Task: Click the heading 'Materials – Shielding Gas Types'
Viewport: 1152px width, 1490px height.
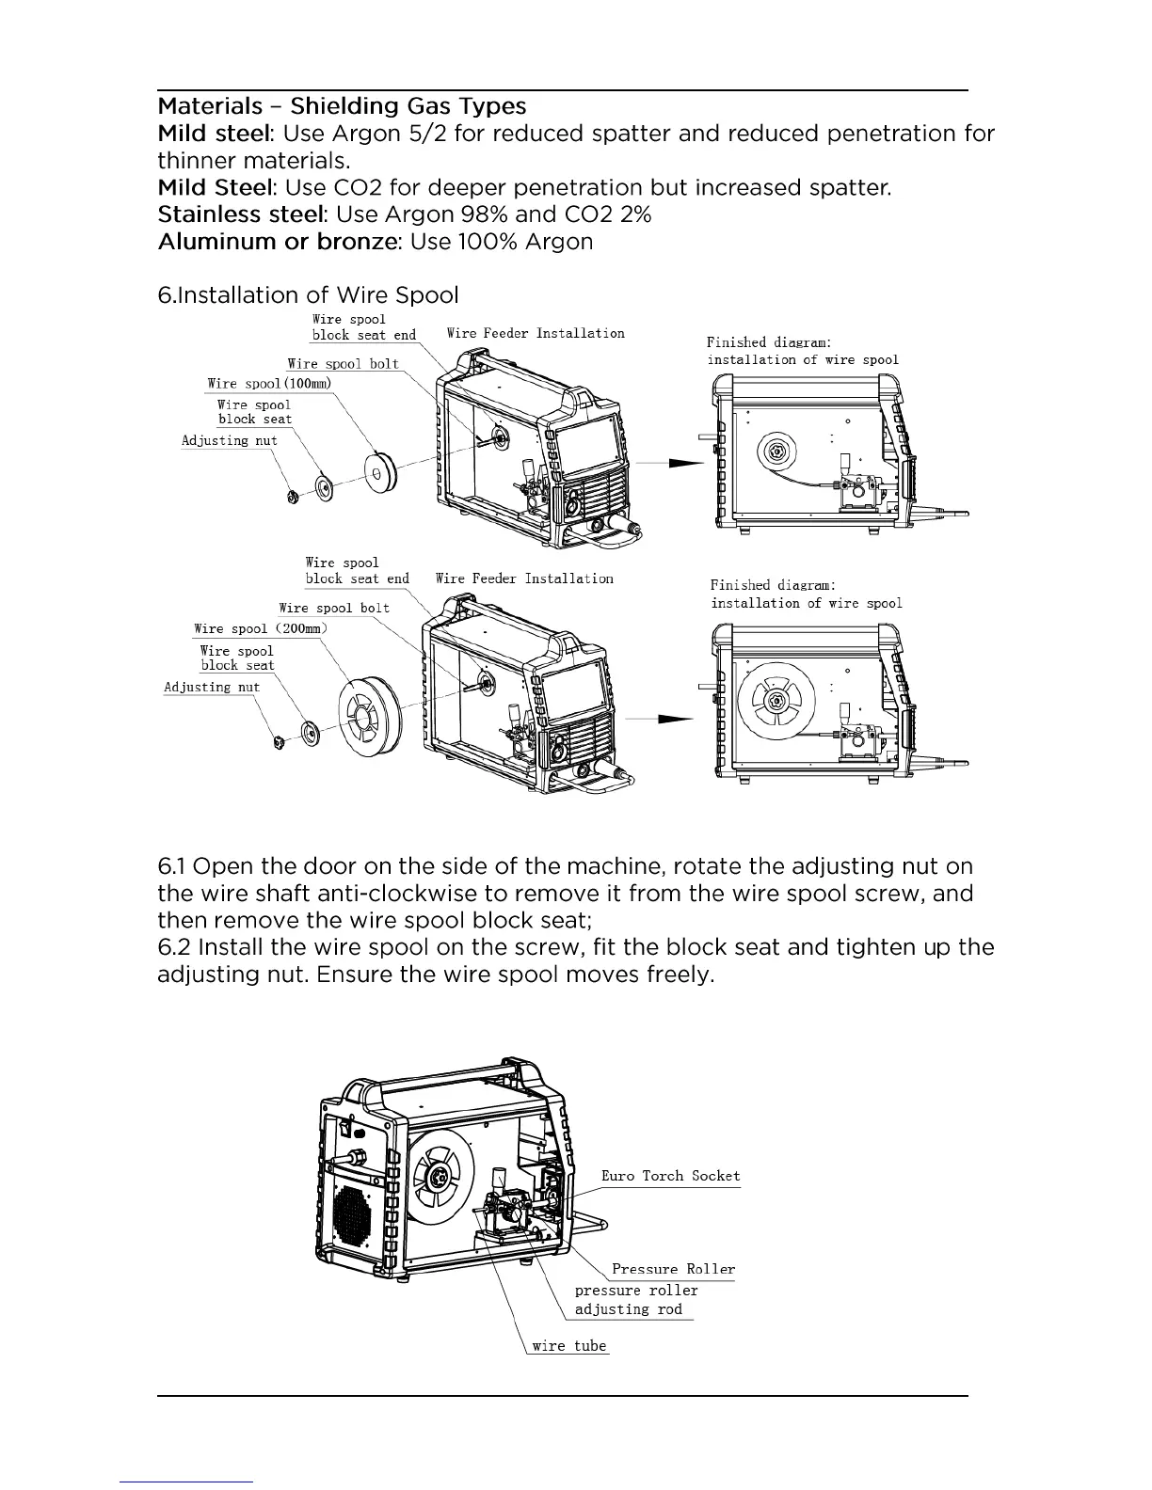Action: pos(342,106)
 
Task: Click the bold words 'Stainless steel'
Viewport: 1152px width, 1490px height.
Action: pos(240,214)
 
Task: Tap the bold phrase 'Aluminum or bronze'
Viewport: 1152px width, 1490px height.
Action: pos(278,242)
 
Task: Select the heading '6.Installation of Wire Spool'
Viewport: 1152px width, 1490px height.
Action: pos(308,295)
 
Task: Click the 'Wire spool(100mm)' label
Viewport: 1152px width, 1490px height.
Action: pos(269,384)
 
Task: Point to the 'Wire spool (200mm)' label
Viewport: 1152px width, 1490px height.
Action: pos(261,628)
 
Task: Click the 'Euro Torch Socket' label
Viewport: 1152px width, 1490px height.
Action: pos(670,1176)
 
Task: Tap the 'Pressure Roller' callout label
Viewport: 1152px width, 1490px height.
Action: pos(673,1269)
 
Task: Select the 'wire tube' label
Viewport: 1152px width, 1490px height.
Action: pos(568,1345)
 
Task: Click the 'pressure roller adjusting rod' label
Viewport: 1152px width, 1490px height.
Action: pos(635,1300)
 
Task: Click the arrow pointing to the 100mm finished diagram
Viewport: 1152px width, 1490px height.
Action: pos(669,463)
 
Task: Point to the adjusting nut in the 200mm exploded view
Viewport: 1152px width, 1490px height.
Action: pos(279,743)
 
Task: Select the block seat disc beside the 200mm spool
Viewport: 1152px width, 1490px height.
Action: pos(309,733)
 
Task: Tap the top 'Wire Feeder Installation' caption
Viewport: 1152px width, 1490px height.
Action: pos(535,333)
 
